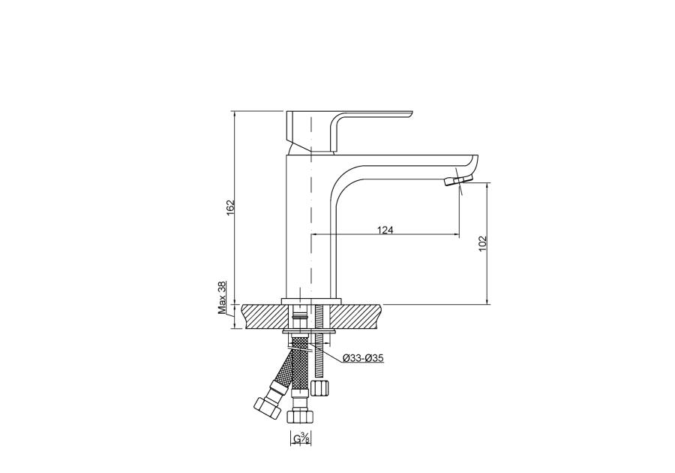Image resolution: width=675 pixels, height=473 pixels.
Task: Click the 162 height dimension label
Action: (x=231, y=208)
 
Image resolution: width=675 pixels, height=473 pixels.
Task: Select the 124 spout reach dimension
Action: (x=385, y=230)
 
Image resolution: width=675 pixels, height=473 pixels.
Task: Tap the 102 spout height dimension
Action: (x=482, y=243)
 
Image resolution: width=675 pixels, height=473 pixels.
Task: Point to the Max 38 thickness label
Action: (x=222, y=297)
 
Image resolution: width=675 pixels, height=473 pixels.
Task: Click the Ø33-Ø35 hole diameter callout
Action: (x=363, y=358)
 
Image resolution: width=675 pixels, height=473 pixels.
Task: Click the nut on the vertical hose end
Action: (x=301, y=415)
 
